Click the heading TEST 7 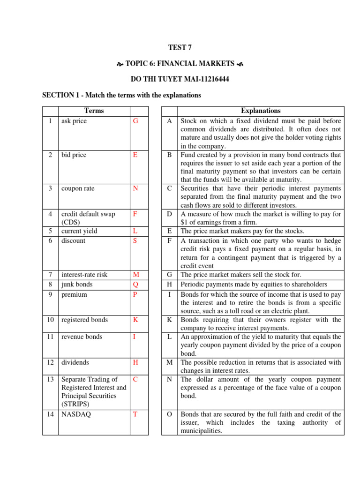(x=180, y=47)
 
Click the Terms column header (x=94, y=111)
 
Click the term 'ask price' (x=74, y=121)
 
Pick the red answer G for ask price (x=135, y=121)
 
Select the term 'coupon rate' (x=78, y=188)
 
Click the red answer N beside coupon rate (x=135, y=188)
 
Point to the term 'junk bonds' (x=77, y=285)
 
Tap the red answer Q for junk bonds (x=135, y=285)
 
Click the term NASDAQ (x=75, y=414)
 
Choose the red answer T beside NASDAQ (x=135, y=414)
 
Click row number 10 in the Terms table (x=50, y=320)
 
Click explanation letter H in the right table (x=169, y=285)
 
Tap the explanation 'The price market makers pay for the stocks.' (x=242, y=231)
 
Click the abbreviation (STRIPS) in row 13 (x=76, y=404)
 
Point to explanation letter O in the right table (x=169, y=414)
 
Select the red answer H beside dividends (x=135, y=362)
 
